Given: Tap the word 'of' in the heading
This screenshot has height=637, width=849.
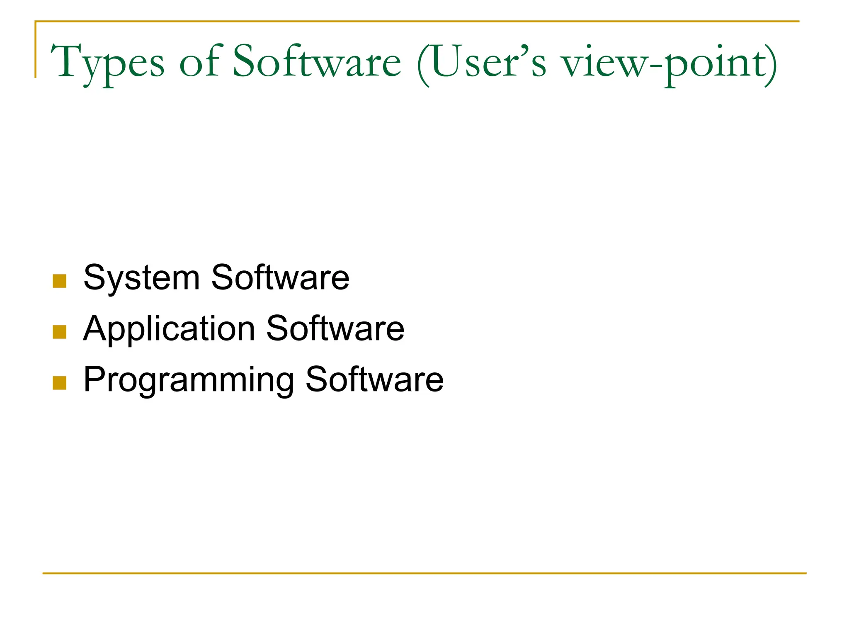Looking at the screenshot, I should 199,62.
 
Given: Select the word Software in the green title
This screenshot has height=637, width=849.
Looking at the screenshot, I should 317,62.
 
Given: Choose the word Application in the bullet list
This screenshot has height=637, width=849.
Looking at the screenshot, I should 169,329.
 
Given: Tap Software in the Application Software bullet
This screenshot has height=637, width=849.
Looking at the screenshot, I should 335,328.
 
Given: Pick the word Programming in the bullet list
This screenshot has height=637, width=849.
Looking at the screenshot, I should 189,380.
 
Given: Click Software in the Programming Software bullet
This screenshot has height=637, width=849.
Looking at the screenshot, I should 374,379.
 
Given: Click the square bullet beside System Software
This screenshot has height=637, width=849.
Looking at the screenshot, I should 60,281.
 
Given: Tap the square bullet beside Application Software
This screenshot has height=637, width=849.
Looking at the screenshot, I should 60,332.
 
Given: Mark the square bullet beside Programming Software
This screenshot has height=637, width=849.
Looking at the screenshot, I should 60,383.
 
